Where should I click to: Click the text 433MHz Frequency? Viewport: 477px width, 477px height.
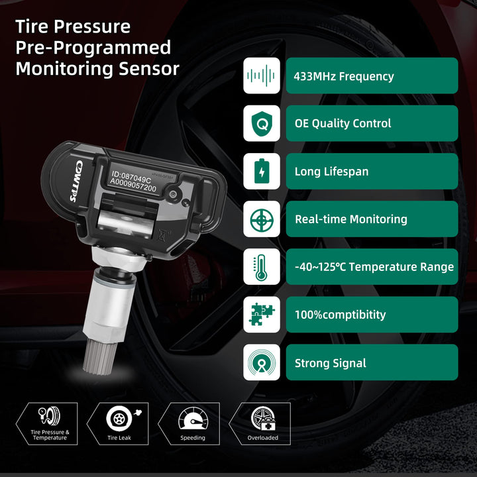(343, 76)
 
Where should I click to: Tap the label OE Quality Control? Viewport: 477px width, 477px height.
(343, 123)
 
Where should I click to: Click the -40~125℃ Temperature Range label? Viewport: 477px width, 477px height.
(374, 267)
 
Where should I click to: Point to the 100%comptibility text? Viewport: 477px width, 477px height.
(340, 315)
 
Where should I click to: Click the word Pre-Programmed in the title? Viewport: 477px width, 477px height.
(93, 48)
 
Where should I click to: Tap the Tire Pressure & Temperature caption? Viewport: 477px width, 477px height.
(50, 435)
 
